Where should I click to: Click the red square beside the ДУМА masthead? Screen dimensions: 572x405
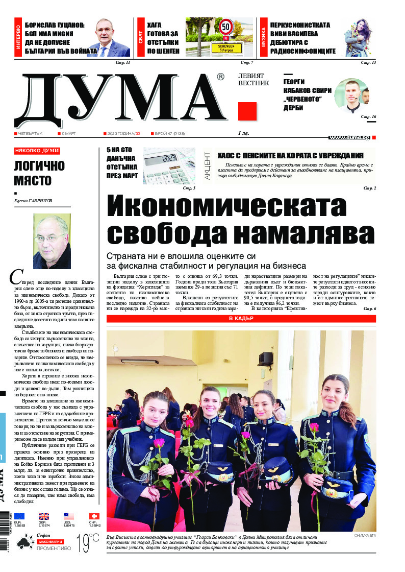coord(247,111)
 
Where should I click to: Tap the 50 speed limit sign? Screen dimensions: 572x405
coord(225,27)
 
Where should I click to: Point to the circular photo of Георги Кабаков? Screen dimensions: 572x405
coord(351,95)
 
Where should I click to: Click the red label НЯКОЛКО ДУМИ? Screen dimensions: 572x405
coord(37,151)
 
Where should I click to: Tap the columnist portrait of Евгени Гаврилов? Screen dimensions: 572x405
coord(52,241)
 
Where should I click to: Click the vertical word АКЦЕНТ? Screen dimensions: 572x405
coord(207,164)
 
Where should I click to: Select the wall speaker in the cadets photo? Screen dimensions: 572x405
coord(265,359)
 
